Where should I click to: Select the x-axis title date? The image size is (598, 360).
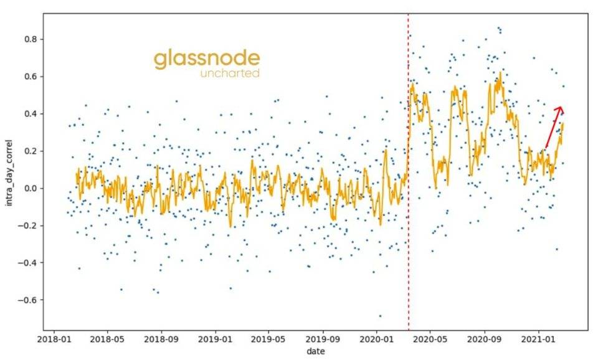(x=316, y=352)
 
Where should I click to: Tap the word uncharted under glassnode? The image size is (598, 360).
(x=229, y=74)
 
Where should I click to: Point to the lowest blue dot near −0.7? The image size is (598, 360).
(x=380, y=316)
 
